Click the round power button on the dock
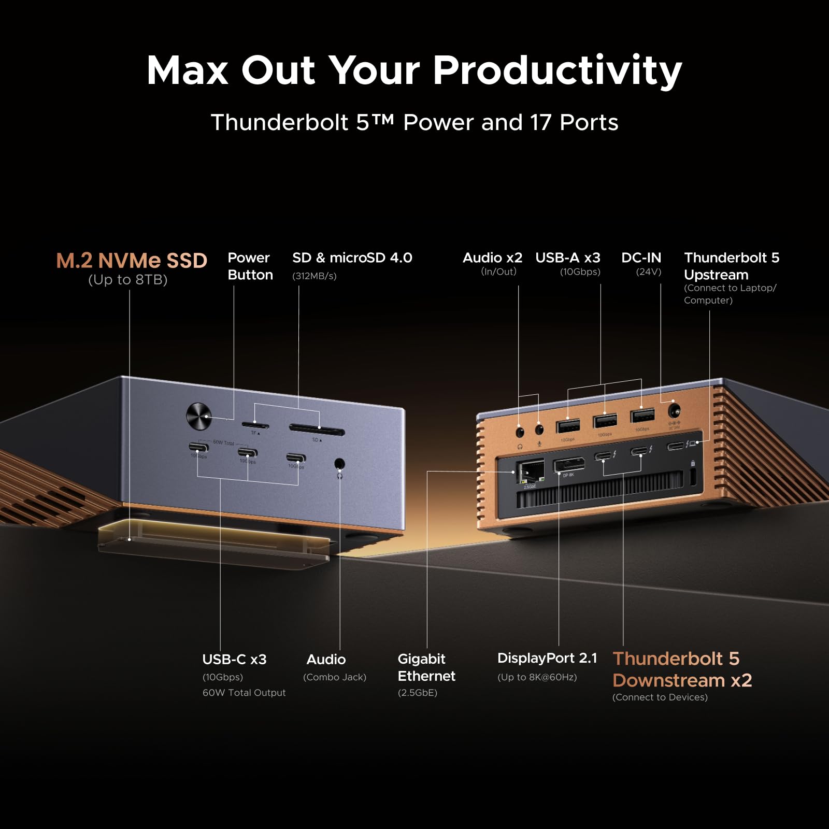198,416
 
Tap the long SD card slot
317,430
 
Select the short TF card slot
255,425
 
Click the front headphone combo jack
339,464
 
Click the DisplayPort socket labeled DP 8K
569,464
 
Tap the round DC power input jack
674,411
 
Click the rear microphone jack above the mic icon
539,430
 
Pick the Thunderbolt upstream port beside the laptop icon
675,446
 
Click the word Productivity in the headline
557,70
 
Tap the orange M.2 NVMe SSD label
132,260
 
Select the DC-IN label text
641,258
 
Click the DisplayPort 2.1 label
547,658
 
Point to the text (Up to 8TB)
127,280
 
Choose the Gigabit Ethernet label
426,667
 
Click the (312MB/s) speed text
314,276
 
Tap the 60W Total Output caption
244,693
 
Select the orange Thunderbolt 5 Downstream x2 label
681,669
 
